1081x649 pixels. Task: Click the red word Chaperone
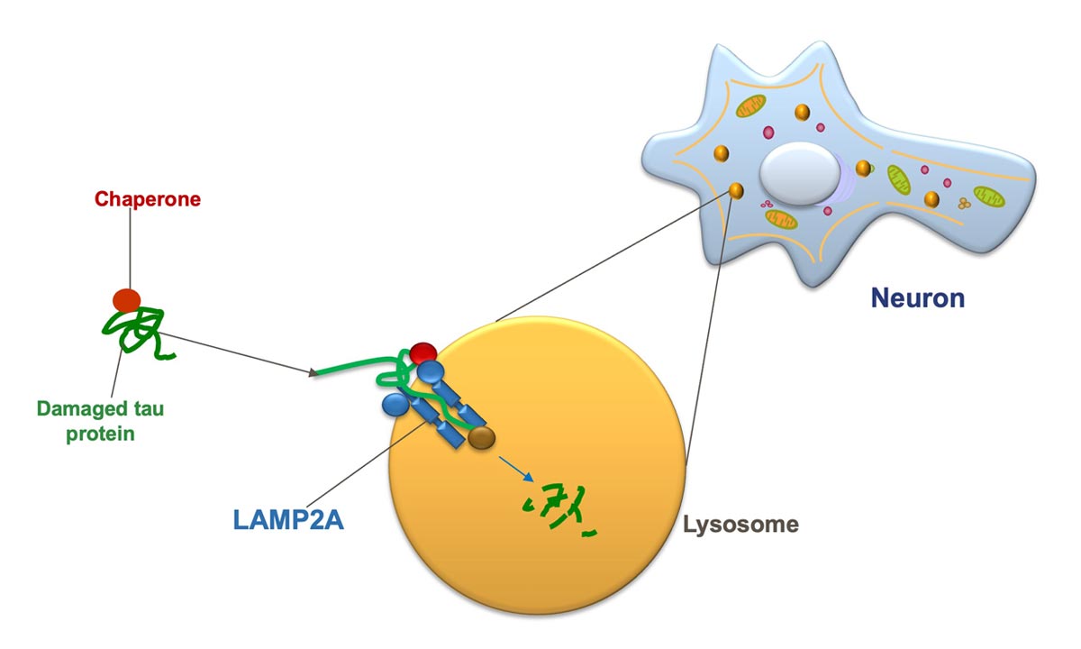148,198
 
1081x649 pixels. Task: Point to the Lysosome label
740,524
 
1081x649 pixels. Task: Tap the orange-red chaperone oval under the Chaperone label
127,300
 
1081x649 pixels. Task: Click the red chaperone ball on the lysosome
422,352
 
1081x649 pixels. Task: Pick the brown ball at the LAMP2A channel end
482,438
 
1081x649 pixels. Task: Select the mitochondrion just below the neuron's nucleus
781,218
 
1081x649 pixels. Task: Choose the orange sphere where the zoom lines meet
736,190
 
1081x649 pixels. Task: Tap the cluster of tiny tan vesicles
963,204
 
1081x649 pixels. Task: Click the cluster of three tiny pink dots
768,205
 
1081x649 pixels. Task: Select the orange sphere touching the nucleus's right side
862,168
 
